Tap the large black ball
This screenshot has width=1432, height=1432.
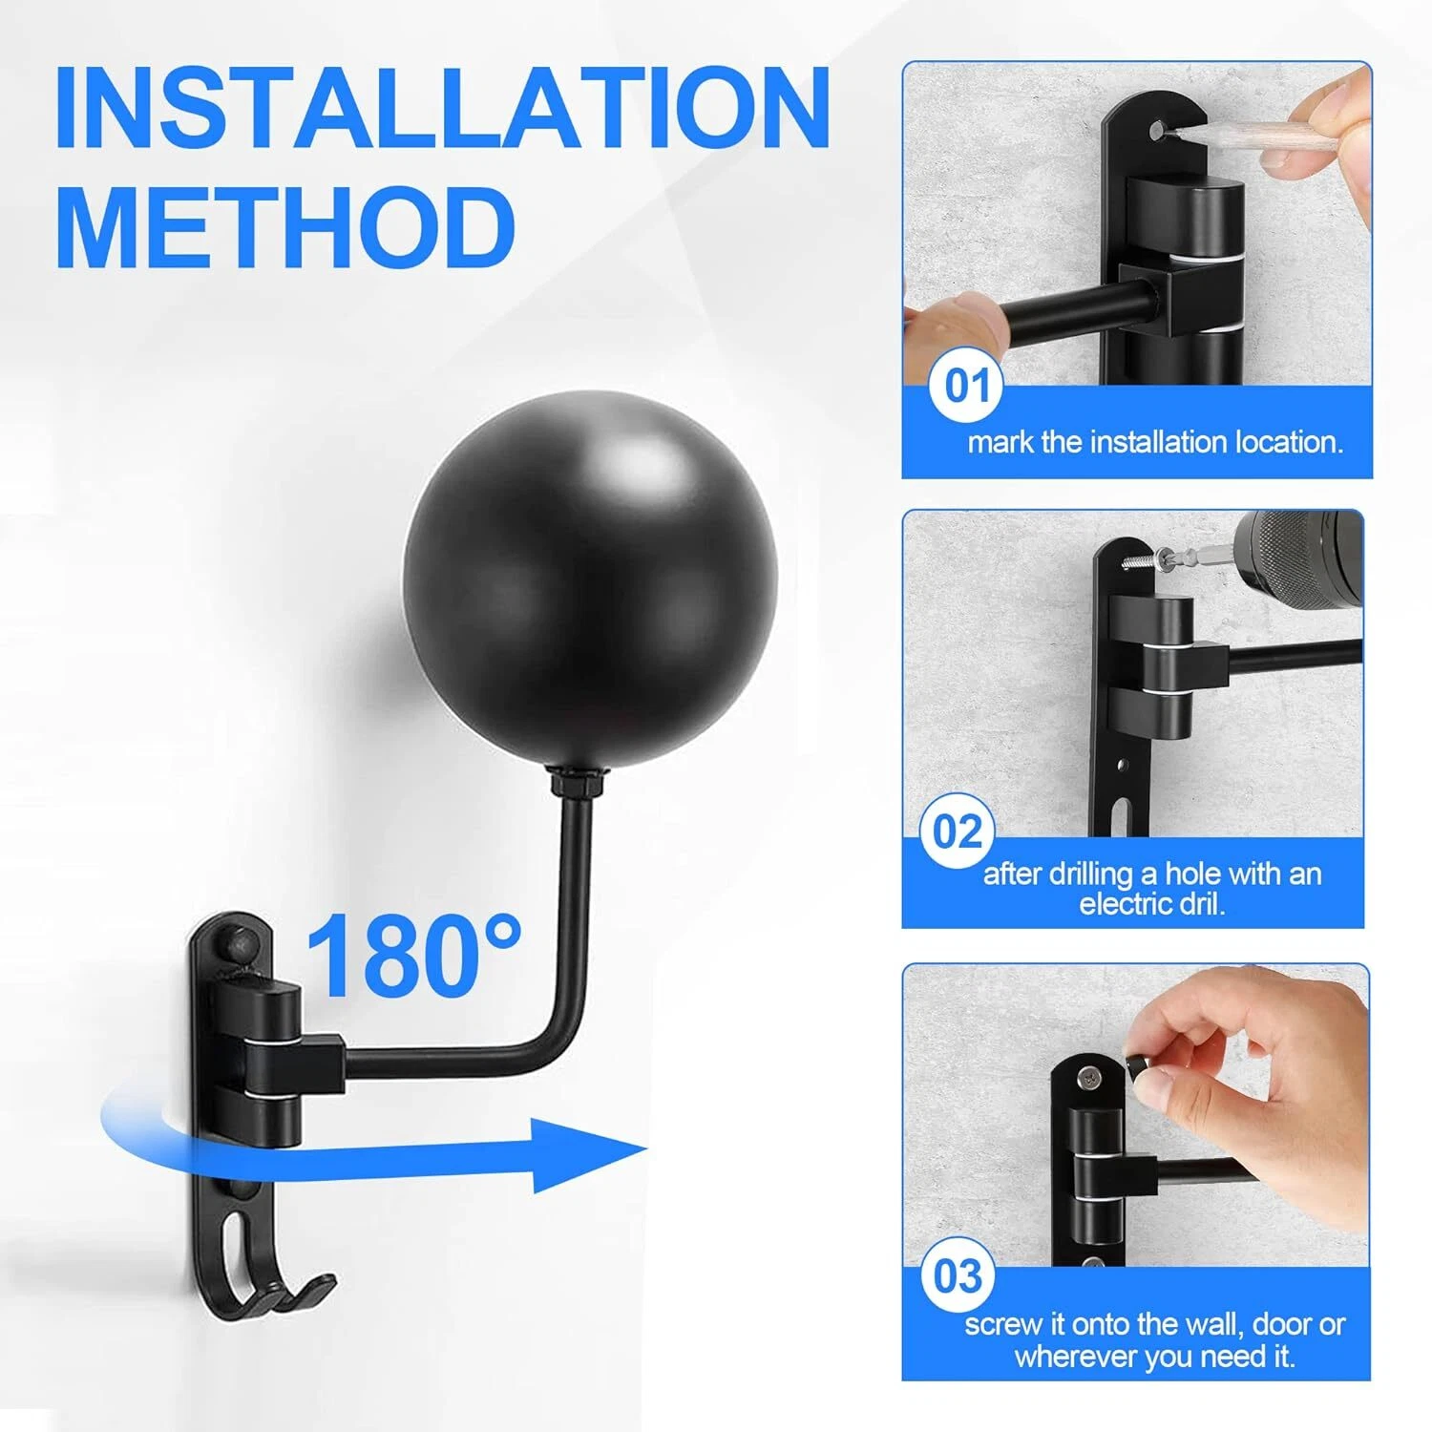click(590, 578)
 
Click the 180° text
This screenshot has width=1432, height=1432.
click(413, 956)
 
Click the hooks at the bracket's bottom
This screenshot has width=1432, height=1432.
click(277, 1289)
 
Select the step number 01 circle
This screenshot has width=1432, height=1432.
click(966, 387)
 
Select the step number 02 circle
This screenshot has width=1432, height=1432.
click(957, 832)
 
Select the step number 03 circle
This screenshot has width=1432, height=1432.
click(957, 1275)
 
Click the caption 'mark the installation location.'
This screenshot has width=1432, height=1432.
click(1155, 442)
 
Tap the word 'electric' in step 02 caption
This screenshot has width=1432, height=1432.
click(1125, 904)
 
